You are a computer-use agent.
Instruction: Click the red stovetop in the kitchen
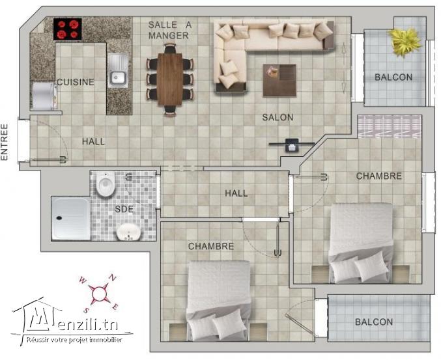click(68, 29)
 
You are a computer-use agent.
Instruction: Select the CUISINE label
click(76, 82)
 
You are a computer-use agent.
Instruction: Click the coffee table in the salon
click(279, 79)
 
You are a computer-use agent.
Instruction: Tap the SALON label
click(277, 118)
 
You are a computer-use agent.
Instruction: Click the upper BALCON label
click(393, 77)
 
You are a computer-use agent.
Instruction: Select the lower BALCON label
click(374, 322)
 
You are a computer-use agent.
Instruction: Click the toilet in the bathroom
click(105, 185)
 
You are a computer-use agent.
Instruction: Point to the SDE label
click(124, 209)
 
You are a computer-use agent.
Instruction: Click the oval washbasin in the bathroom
click(129, 231)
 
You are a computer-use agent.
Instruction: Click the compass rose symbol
click(98, 292)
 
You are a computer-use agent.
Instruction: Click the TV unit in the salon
click(289, 144)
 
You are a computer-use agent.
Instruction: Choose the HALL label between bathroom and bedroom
click(236, 193)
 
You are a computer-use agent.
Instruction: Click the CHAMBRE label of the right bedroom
click(378, 176)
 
